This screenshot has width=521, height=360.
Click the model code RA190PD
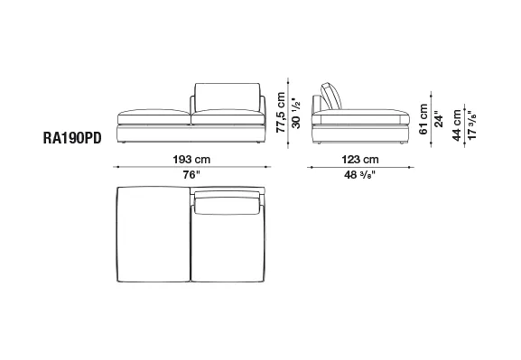pyautogui.click(x=72, y=138)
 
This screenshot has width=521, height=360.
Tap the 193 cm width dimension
pyautogui.click(x=191, y=160)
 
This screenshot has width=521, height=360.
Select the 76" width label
pyautogui.click(x=191, y=174)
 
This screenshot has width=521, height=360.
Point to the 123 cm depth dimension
pyautogui.click(x=360, y=160)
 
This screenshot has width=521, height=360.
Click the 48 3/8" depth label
pyautogui.click(x=360, y=175)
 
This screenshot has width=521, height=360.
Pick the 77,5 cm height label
pyautogui.click(x=281, y=112)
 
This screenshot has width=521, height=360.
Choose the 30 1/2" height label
pyautogui.click(x=295, y=112)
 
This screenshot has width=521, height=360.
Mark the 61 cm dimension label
pyautogui.click(x=423, y=119)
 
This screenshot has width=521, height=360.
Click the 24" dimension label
pyautogui.click(x=439, y=119)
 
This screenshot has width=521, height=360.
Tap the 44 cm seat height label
pyautogui.click(x=457, y=125)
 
